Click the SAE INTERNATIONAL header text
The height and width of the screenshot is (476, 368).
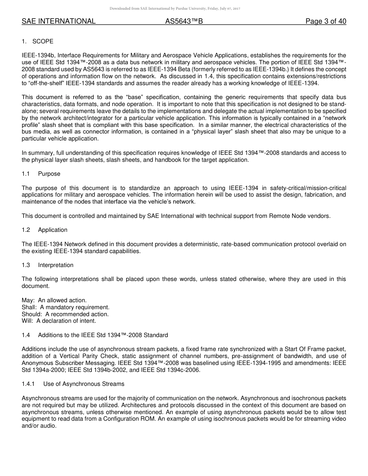58,22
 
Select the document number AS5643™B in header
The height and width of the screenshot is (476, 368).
184,22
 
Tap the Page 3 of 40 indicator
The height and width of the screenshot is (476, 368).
326,22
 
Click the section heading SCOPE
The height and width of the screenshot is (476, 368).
43,41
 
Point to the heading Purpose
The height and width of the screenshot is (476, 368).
49,174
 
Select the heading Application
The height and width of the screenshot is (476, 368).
53,230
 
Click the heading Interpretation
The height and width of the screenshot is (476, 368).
56,265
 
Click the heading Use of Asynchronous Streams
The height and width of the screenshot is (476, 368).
84,384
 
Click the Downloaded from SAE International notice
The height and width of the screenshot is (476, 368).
175,9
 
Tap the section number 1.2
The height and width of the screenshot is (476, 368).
26,230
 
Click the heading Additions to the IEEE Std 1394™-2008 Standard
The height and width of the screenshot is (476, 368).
103,335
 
